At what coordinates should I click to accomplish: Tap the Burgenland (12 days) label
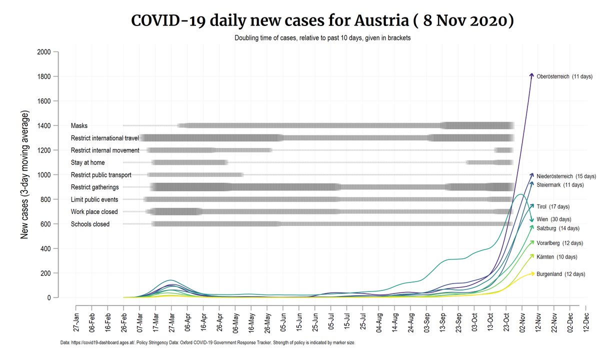click(560, 274)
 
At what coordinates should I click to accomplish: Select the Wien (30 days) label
click(554, 219)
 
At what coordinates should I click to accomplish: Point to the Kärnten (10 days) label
click(557, 257)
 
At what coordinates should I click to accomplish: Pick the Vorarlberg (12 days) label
click(560, 243)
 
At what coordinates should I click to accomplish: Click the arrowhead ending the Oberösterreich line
click(532, 74)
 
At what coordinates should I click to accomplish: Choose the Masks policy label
click(79, 125)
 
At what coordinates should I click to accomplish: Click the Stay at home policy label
click(95, 162)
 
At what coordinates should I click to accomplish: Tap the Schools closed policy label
click(90, 224)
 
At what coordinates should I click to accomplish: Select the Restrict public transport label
click(101, 175)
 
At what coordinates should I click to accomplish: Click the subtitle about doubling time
click(322, 38)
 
